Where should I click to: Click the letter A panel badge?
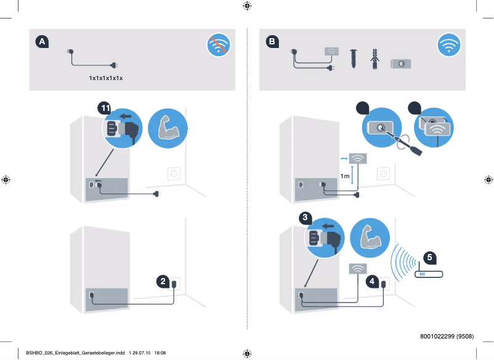(42, 41)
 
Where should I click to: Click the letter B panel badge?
(272, 41)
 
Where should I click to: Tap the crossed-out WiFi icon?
(218, 45)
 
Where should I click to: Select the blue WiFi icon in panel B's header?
(448, 45)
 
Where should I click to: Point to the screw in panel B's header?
(354, 59)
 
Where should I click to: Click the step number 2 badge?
(163, 282)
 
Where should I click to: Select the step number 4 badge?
(372, 282)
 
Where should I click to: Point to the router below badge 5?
(429, 273)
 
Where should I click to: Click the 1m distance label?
(345, 176)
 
